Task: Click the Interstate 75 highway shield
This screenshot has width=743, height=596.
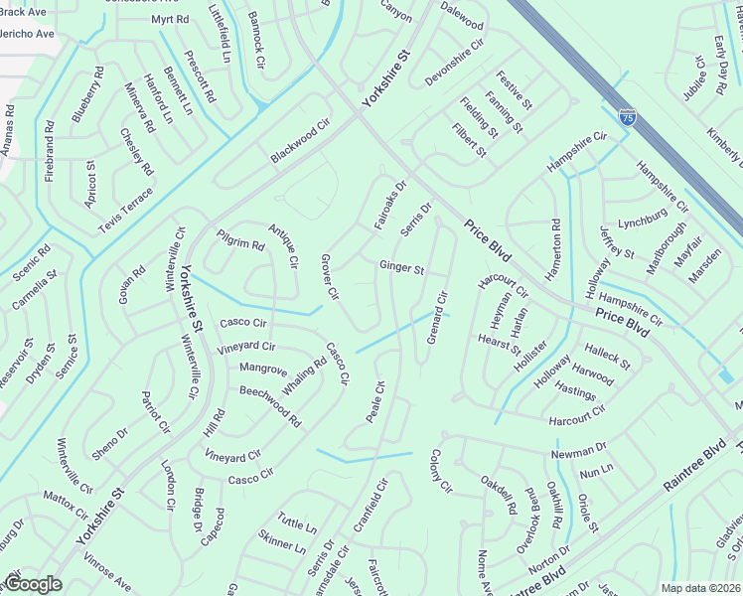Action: click(x=627, y=117)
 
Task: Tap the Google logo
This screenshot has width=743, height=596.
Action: click(x=33, y=584)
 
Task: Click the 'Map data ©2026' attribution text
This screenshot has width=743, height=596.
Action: click(x=700, y=588)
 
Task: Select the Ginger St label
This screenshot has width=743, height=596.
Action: click(x=401, y=268)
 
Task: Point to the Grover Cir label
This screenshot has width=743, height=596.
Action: click(x=330, y=277)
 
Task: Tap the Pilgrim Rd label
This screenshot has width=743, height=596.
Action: click(x=240, y=239)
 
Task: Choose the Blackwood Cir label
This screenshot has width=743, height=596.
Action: click(x=299, y=144)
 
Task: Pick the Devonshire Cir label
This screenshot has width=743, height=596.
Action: click(x=454, y=58)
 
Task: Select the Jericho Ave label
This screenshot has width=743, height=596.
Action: click(x=28, y=34)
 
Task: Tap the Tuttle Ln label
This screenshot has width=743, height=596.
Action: click(x=297, y=524)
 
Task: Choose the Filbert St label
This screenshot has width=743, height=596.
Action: click(x=469, y=142)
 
